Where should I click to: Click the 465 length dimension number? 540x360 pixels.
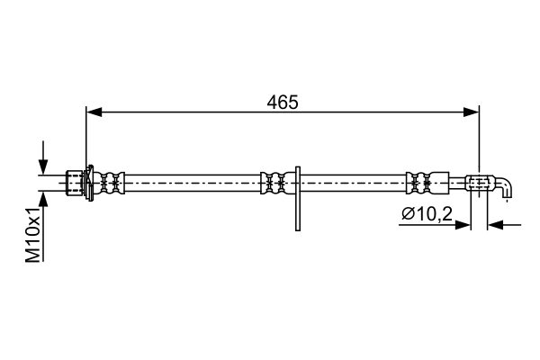(283, 103)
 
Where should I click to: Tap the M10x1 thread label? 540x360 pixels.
(33, 237)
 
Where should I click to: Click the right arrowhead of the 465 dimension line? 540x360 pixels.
(472, 112)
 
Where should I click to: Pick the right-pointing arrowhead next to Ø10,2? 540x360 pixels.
(464, 224)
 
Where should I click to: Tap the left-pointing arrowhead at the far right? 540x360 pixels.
(494, 224)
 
